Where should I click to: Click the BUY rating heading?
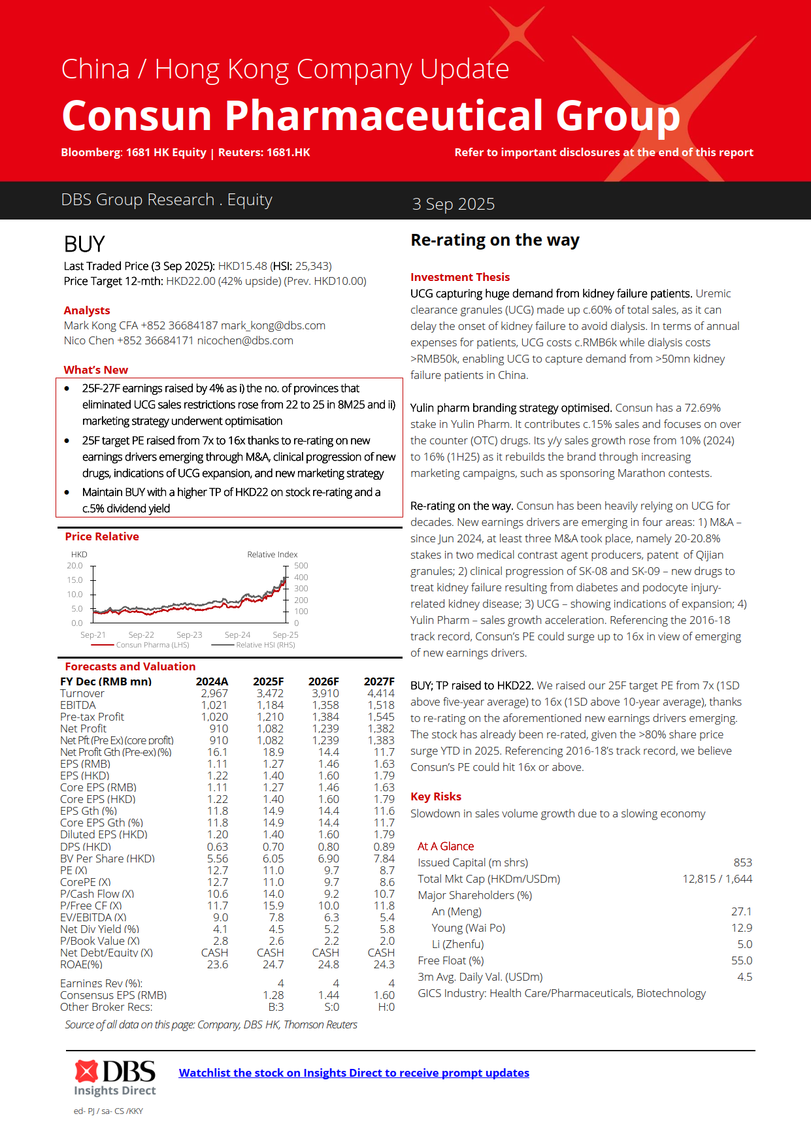[84, 244]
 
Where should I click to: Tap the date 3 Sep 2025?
[453, 204]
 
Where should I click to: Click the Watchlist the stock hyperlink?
[354, 1072]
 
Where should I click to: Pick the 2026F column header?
[323, 681]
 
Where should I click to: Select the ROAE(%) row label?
[81, 964]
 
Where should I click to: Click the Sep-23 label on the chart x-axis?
[189, 635]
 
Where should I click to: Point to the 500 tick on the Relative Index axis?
[301, 566]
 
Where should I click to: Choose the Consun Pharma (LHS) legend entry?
[152, 645]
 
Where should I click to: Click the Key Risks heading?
[436, 796]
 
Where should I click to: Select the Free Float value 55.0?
[742, 960]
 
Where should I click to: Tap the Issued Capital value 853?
[742, 862]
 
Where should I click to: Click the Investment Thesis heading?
[460, 277]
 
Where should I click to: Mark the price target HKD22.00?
[191, 281]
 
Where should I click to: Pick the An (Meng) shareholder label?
[456, 911]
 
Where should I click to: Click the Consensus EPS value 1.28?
[273, 995]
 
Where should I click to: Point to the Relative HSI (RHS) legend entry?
[265, 645]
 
